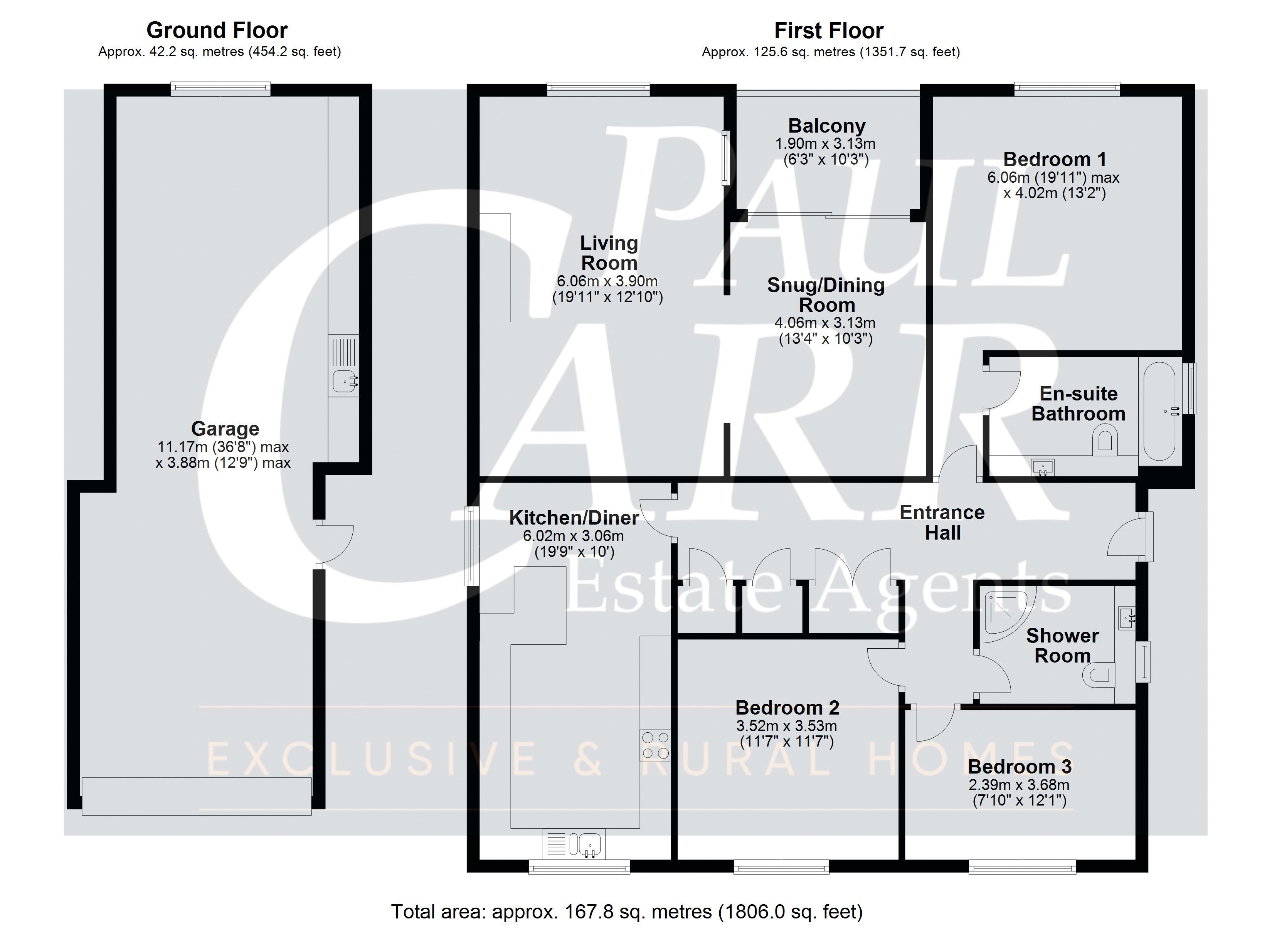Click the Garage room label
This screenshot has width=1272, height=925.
pyautogui.click(x=225, y=429)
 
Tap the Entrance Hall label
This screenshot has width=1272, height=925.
pyautogui.click(x=942, y=522)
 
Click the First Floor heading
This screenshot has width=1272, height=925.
pyautogui.click(x=829, y=30)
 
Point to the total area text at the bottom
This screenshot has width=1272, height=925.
pyautogui.click(x=626, y=912)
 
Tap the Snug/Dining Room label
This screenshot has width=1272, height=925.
pyautogui.click(x=826, y=295)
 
